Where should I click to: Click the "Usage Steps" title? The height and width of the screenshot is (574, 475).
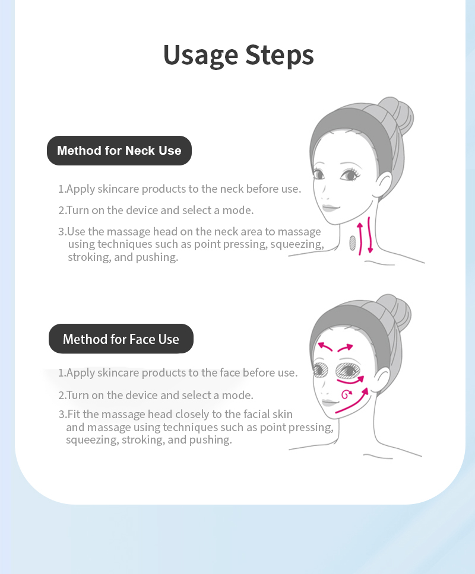click(238, 55)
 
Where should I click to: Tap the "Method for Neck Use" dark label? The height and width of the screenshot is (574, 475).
click(119, 151)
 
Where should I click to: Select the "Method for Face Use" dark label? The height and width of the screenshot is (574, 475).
click(121, 339)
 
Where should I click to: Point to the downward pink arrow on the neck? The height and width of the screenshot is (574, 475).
click(369, 235)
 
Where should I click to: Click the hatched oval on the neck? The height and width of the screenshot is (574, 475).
click(353, 243)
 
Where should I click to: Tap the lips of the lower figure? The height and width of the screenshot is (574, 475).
click(329, 403)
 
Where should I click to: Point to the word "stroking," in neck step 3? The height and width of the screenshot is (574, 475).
click(90, 257)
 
